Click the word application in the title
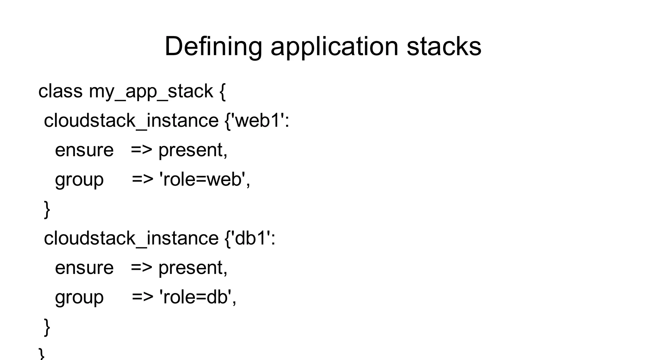click(x=334, y=47)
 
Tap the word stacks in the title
click(x=444, y=47)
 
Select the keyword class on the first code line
click(x=60, y=91)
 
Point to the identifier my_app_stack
click(x=151, y=92)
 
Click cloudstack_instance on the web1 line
click(x=131, y=121)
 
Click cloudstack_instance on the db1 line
click(x=131, y=238)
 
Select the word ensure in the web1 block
click(x=84, y=150)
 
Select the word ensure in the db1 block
click(x=84, y=268)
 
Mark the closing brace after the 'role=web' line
click(x=47, y=209)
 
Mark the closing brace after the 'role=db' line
click(x=47, y=327)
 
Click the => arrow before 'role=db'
click(x=142, y=297)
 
